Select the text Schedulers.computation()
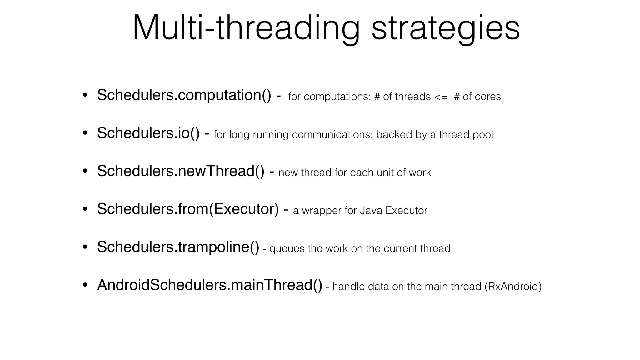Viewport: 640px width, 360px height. [184, 95]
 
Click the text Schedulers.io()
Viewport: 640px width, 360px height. [148, 133]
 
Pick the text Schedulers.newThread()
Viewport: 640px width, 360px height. [181, 171]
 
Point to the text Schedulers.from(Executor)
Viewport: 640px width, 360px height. [188, 209]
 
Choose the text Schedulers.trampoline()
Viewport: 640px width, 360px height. [178, 247]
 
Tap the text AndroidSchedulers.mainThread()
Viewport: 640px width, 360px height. [210, 285]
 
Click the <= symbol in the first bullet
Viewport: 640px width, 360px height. [441, 97]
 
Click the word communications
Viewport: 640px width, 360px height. [332, 135]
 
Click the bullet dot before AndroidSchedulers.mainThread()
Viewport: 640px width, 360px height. [85, 285]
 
